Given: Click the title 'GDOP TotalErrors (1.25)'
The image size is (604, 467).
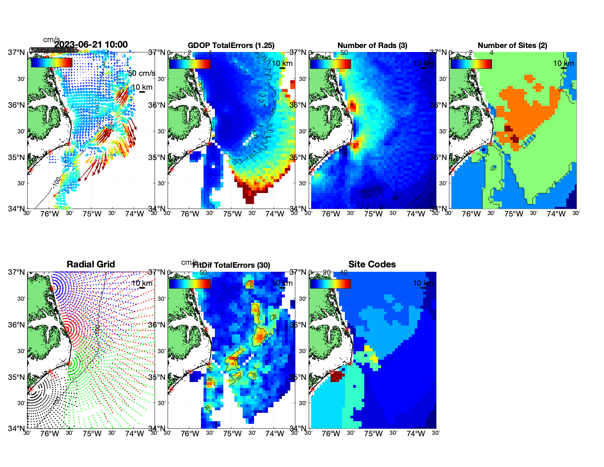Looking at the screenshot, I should click(x=231, y=45).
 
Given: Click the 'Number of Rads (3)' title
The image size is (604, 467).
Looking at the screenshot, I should click(x=372, y=45).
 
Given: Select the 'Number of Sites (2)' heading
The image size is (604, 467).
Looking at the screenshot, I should click(x=512, y=45).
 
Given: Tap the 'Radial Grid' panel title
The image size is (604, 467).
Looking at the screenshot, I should click(x=91, y=264).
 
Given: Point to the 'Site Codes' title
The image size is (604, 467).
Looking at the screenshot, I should click(x=372, y=264).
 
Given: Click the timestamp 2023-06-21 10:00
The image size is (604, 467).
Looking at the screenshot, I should click(x=91, y=45).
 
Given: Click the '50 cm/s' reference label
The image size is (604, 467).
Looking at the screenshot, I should click(x=142, y=73).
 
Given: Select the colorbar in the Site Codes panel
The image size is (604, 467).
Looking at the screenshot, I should click(x=330, y=283).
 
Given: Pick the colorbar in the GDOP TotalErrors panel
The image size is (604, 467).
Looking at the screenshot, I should click(x=190, y=64).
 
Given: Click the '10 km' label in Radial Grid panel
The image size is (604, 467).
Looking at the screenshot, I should click(x=142, y=283).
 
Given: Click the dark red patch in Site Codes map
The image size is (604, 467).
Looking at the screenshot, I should click(x=336, y=377).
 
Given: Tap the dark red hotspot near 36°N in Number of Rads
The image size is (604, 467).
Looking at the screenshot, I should click(x=353, y=106).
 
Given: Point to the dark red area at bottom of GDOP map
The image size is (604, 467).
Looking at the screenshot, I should click(x=250, y=198).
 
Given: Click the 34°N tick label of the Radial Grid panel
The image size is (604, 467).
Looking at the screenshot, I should click(x=16, y=428).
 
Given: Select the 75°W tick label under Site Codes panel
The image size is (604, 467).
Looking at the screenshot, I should click(x=373, y=434).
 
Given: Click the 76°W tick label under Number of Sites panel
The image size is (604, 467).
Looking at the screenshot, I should click(x=471, y=214).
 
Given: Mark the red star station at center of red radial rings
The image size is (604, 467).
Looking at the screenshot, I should click(x=67, y=329).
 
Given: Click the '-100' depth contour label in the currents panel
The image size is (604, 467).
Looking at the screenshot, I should click(x=56, y=181).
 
